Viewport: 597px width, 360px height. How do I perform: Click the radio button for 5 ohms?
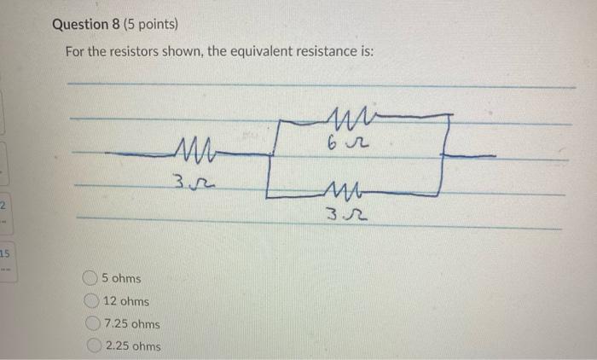coord(90,278)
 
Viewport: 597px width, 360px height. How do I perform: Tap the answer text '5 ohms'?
coord(121,278)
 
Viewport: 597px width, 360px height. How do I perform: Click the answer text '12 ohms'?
coord(125,301)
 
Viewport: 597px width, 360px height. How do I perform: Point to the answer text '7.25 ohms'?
coord(131,324)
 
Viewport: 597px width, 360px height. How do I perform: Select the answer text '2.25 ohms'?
coord(132,346)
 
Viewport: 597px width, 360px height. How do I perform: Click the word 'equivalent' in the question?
coord(240,51)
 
